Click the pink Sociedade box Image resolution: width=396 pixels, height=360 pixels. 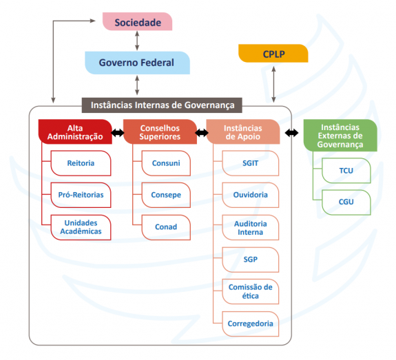pyautogui.click(x=137, y=22)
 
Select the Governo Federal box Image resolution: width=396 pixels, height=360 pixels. pyautogui.click(x=137, y=63)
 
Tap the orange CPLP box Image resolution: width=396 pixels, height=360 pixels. pyautogui.click(x=273, y=54)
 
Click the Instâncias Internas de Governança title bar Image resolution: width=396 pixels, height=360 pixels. pyautogui.click(x=162, y=105)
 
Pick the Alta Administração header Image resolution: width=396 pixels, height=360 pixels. pyautogui.click(x=75, y=131)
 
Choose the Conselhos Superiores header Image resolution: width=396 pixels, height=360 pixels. pyautogui.click(x=160, y=131)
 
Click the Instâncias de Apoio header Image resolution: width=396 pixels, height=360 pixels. pyautogui.click(x=243, y=131)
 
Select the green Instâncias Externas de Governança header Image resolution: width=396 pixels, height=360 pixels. pyautogui.click(x=340, y=136)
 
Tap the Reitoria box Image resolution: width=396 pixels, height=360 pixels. pyautogui.click(x=81, y=163)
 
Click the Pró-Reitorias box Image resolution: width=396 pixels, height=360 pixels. pyautogui.click(x=81, y=195)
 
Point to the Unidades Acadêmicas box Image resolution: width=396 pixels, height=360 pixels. pyautogui.click(x=81, y=227)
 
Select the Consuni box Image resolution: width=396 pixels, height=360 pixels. pyautogui.click(x=166, y=163)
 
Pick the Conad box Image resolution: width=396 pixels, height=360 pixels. pyautogui.click(x=166, y=227)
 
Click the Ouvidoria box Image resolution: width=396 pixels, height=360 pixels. pyautogui.click(x=250, y=195)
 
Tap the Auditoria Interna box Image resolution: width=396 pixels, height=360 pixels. pyautogui.click(x=250, y=227)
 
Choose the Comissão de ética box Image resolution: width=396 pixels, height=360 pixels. pyautogui.click(x=250, y=292)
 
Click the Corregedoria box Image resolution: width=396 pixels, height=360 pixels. pyautogui.click(x=250, y=324)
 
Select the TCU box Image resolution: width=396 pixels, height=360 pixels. pyautogui.click(x=346, y=171)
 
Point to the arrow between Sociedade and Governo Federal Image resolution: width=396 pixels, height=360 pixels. pyautogui.click(x=137, y=41)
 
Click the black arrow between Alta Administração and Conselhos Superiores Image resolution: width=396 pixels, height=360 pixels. pyautogui.click(x=118, y=133)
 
